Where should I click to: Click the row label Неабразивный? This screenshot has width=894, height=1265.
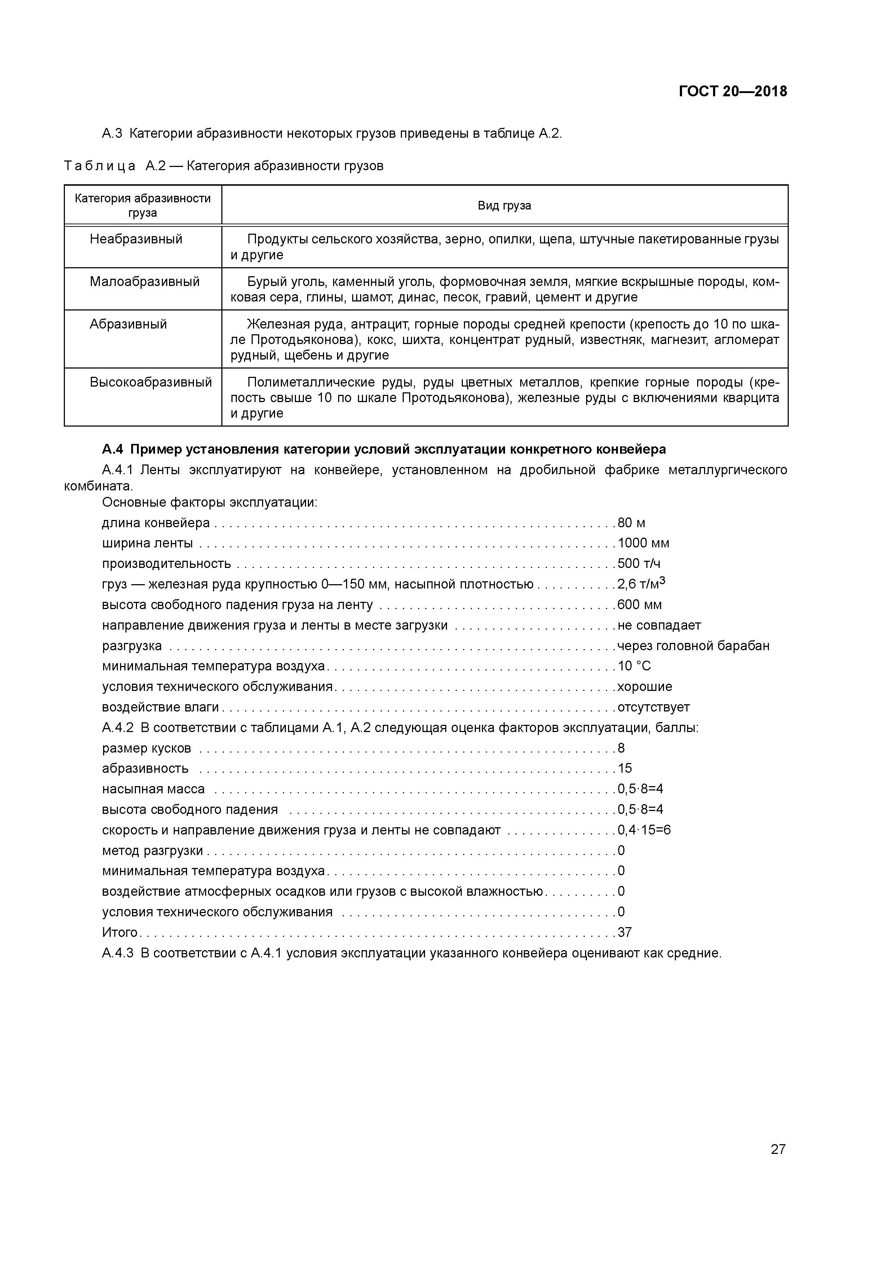(x=136, y=239)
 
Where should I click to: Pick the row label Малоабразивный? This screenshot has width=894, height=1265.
(x=144, y=282)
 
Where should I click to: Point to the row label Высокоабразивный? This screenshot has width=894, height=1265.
(x=150, y=382)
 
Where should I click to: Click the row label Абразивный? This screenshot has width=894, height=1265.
(x=128, y=324)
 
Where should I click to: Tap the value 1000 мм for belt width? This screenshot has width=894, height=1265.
(x=643, y=543)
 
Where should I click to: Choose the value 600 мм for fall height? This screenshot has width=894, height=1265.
(x=639, y=604)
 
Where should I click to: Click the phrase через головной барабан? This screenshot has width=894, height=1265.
(x=693, y=646)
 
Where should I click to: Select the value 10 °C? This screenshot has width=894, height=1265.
(x=634, y=666)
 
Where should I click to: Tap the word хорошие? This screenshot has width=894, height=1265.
(x=645, y=687)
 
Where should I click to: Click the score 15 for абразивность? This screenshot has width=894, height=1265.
(x=625, y=768)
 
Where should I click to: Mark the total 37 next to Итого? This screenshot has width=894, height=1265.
(x=625, y=932)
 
